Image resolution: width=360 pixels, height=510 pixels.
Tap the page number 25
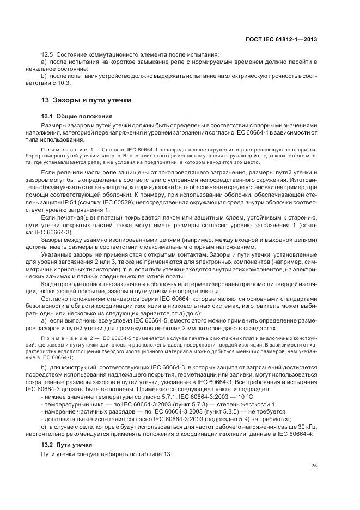[x=314, y=466]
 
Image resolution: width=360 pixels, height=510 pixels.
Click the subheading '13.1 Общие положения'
[x=76, y=117]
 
